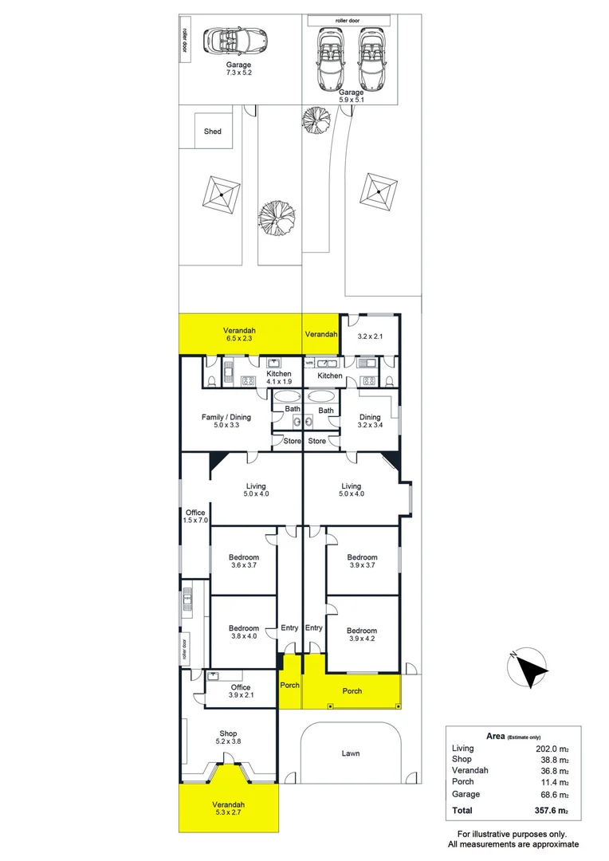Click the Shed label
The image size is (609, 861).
point(212,132)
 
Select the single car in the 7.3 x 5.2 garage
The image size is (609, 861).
point(237,40)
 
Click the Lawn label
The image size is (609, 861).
point(350,753)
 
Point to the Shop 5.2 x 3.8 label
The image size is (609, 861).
point(229,737)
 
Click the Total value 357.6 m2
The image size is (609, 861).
point(551,810)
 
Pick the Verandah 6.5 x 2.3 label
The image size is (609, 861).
point(240,335)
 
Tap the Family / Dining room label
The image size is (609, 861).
point(226,421)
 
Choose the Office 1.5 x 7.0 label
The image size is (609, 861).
point(195,516)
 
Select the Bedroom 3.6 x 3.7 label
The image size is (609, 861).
point(244,561)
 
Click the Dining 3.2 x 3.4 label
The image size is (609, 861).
point(370,421)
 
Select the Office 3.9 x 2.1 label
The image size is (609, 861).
point(240,691)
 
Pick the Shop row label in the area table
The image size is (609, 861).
point(462,760)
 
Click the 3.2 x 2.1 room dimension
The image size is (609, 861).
point(370,336)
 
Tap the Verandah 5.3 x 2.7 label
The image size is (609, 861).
point(229,808)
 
